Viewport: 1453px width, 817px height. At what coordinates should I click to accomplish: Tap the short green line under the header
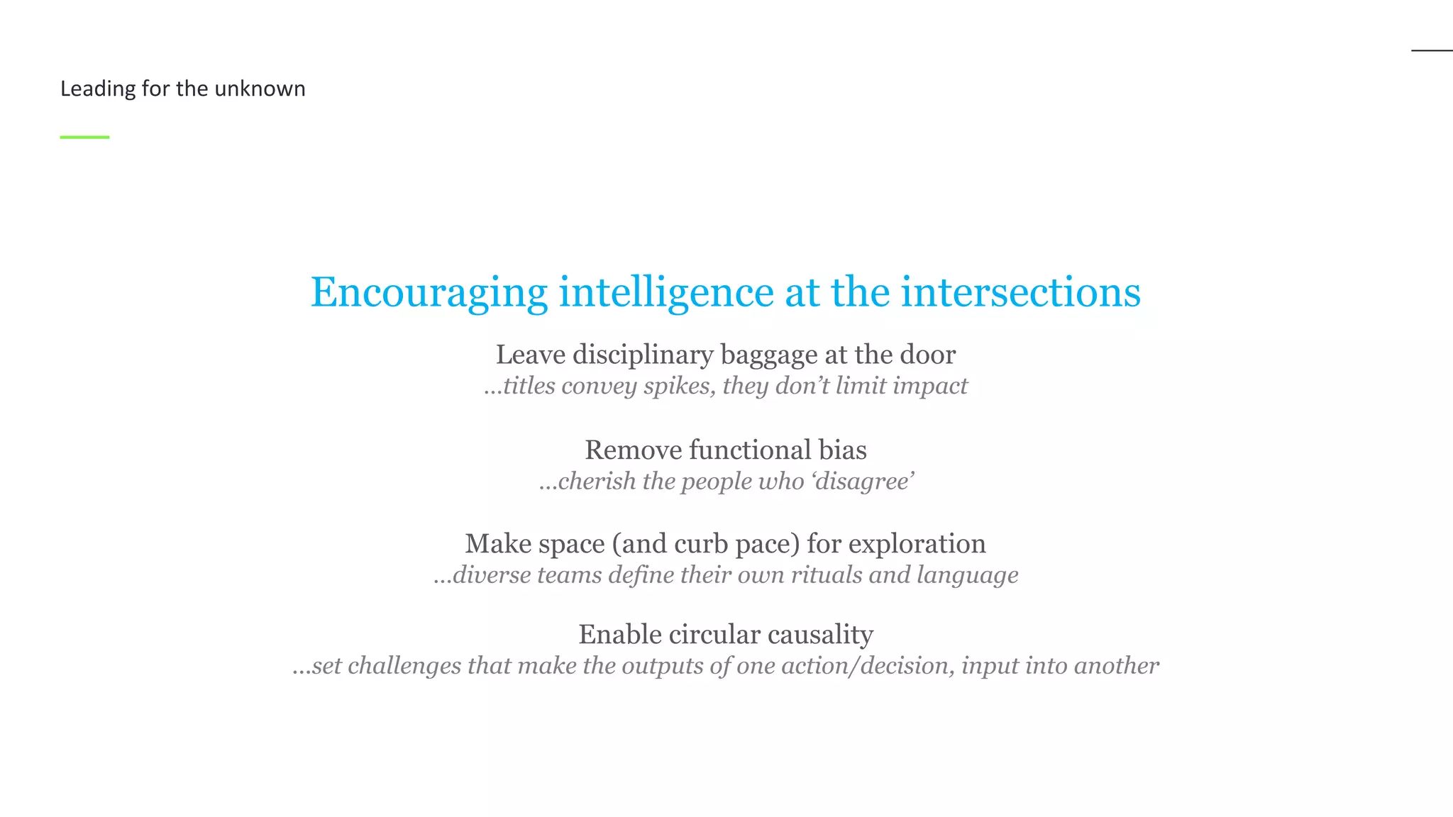point(84,137)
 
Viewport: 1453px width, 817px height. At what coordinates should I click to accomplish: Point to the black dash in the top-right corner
point(1432,50)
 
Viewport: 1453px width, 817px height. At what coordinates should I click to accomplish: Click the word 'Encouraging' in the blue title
point(429,292)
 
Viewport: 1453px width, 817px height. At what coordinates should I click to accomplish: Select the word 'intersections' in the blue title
point(1020,292)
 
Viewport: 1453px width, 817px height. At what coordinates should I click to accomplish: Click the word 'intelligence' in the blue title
point(666,292)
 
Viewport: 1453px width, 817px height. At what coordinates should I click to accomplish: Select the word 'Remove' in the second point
point(633,450)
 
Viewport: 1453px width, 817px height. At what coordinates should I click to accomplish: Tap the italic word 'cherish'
point(597,481)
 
